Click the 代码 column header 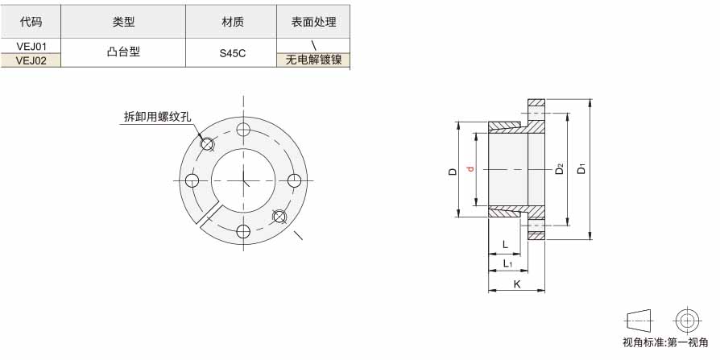click(x=31, y=22)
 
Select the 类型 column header click(x=123, y=22)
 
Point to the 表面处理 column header click(x=313, y=22)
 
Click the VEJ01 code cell click(x=31, y=46)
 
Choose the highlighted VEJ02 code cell click(x=31, y=60)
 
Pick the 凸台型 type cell click(x=123, y=52)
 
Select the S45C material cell click(x=232, y=53)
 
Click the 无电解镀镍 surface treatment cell click(x=313, y=60)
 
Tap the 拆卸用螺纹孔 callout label click(x=157, y=117)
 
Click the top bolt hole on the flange click(x=243, y=130)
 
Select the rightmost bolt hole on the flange click(x=294, y=180)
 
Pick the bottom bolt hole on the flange click(x=243, y=231)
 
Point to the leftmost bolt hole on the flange click(x=192, y=180)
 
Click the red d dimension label click(x=470, y=169)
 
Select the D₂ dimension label click(x=559, y=168)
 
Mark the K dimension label click(x=517, y=284)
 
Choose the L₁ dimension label click(x=507, y=263)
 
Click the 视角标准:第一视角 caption click(x=665, y=342)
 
